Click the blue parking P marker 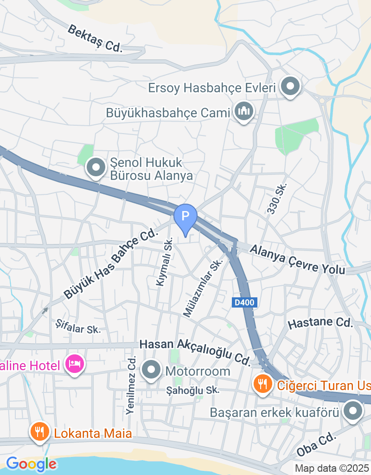coord(185,216)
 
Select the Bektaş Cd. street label coord(95,38)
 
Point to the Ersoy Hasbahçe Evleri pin coord(291,86)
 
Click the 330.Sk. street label coord(277,199)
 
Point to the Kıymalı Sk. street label coord(165,261)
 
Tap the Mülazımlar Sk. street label coord(203,288)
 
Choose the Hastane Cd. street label coord(320,322)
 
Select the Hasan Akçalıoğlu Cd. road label coord(195,350)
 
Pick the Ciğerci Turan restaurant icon coord(263,384)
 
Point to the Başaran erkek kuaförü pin coord(353,411)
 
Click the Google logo coord(31,463)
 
